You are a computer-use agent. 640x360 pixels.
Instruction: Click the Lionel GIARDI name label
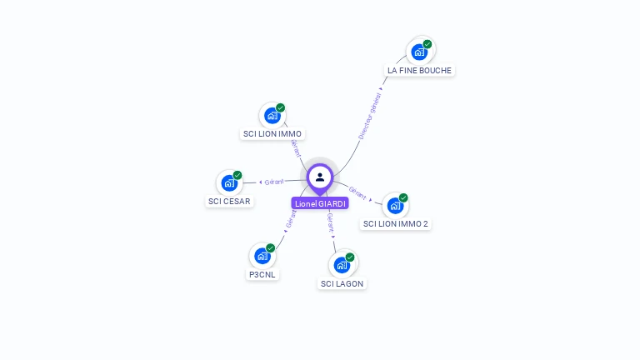[x=320, y=203]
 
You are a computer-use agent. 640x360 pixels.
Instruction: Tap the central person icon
[x=320, y=177]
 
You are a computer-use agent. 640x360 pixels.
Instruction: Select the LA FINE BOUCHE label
[x=419, y=71]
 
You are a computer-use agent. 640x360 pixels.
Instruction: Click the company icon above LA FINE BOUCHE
[x=419, y=52]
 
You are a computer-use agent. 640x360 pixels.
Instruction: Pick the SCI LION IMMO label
[x=272, y=133]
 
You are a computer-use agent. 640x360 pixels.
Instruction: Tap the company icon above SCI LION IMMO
[x=272, y=115]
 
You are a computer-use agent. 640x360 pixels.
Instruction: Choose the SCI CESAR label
[x=228, y=201]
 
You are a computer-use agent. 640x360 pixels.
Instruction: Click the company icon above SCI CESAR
[x=228, y=183]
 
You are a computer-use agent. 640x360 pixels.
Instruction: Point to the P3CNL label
[x=262, y=274]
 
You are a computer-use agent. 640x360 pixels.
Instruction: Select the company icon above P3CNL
[x=262, y=256]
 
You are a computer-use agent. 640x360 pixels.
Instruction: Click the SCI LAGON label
[x=342, y=283]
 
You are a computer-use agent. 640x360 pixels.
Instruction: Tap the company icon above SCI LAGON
[x=342, y=265]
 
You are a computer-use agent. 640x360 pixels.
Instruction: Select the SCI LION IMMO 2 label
[x=396, y=223]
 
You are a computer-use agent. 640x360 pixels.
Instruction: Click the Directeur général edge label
[x=369, y=116]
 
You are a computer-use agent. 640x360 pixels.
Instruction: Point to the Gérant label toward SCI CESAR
[x=274, y=182]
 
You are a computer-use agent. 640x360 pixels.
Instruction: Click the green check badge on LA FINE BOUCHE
[x=427, y=44]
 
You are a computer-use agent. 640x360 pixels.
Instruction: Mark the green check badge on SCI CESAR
[x=237, y=175]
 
